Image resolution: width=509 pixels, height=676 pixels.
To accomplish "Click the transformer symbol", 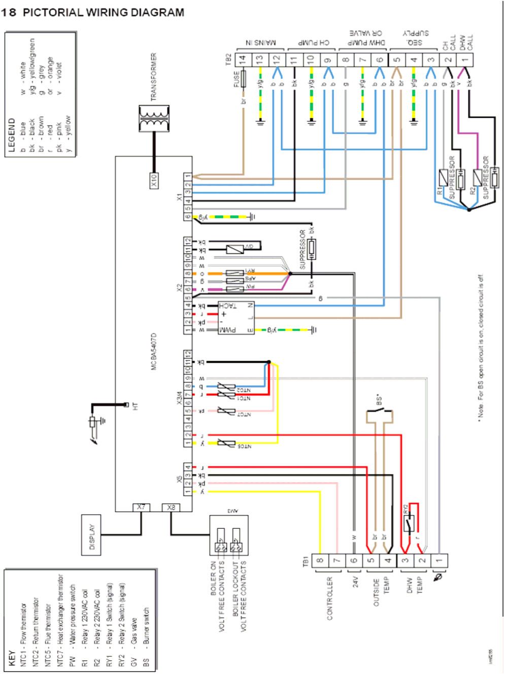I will pyautogui.click(x=153, y=119).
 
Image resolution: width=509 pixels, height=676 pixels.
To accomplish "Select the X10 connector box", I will pyautogui.click(x=154, y=180).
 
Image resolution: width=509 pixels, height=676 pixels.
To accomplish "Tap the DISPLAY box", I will pyautogui.click(x=92, y=536).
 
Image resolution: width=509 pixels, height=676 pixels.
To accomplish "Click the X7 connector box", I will pyautogui.click(x=141, y=507).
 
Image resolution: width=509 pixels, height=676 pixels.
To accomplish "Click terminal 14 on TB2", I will pyautogui.click(x=243, y=59).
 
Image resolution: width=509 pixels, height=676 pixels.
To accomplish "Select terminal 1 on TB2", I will pyautogui.click(x=465, y=59).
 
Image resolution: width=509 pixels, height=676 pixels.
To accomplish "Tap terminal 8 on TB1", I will pyautogui.click(x=320, y=561).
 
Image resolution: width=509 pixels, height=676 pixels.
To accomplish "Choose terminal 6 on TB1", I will pyautogui.click(x=354, y=561).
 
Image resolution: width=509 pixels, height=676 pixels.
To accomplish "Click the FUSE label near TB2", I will pyautogui.click(x=236, y=79).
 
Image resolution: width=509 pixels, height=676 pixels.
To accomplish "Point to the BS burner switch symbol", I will pyautogui.click(x=380, y=416).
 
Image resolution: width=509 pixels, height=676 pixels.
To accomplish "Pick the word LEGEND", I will pyautogui.click(x=11, y=135).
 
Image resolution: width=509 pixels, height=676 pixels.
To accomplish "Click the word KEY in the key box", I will pyautogui.click(x=11, y=658).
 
